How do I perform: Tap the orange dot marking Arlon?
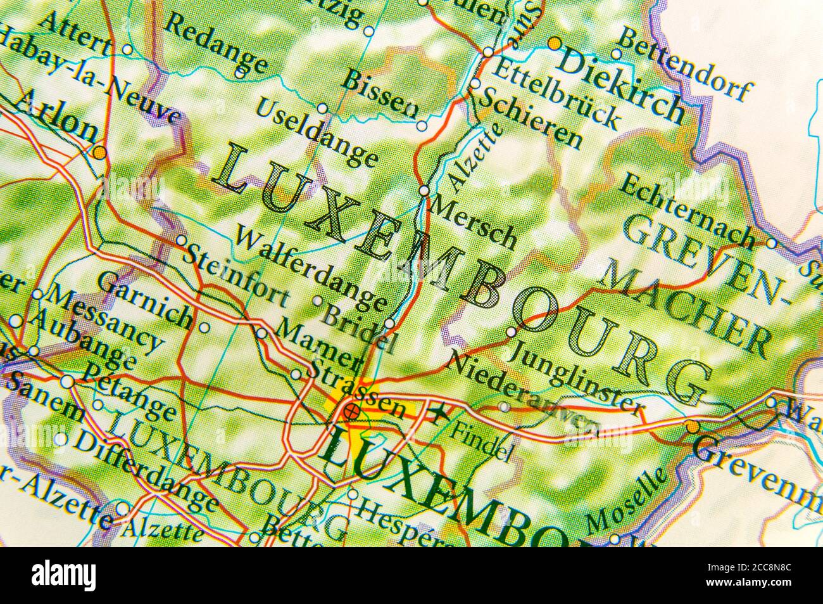pos(99,153)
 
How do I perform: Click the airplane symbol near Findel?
pos(437,415)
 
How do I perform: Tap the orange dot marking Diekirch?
pos(554,43)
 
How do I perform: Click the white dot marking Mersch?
pos(424,190)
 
